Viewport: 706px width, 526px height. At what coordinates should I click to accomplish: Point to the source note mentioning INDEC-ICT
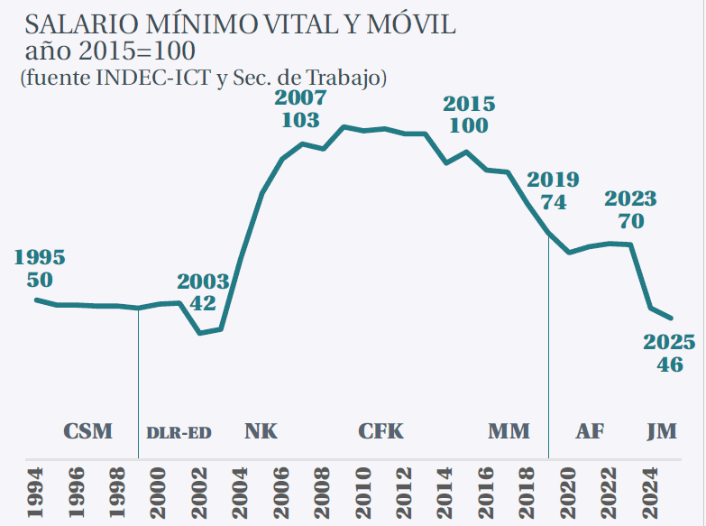203,78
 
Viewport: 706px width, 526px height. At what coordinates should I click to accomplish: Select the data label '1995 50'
41,268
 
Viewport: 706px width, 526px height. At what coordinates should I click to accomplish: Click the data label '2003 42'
203,292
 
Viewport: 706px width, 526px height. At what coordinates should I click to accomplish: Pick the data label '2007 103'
300,108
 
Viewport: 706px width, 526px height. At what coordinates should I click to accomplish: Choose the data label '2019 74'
553,189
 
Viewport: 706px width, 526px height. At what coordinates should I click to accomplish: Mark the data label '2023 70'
630,209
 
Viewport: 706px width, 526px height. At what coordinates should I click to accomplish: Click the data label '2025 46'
669,354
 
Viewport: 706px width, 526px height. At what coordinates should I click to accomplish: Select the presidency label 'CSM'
88,431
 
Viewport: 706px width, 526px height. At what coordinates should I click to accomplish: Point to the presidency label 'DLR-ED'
179,432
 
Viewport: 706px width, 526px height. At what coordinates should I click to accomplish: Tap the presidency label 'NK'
261,431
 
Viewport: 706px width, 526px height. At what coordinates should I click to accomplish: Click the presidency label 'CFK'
381,431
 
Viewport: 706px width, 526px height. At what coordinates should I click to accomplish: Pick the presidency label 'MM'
509,431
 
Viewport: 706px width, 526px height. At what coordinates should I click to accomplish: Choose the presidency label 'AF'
591,431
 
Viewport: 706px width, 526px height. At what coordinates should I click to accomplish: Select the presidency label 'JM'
662,431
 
